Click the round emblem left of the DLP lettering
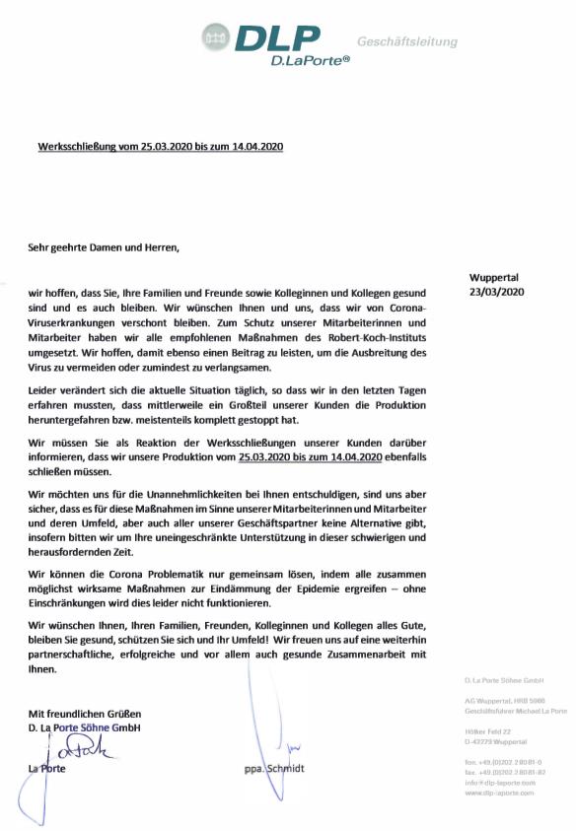pyautogui.click(x=216, y=38)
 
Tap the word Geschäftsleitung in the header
pyautogui.click(x=406, y=41)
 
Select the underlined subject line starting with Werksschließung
pyautogui.click(x=161, y=146)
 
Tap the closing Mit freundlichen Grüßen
pyautogui.click(x=85, y=713)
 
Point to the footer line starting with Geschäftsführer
pyautogui.click(x=515, y=710)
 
